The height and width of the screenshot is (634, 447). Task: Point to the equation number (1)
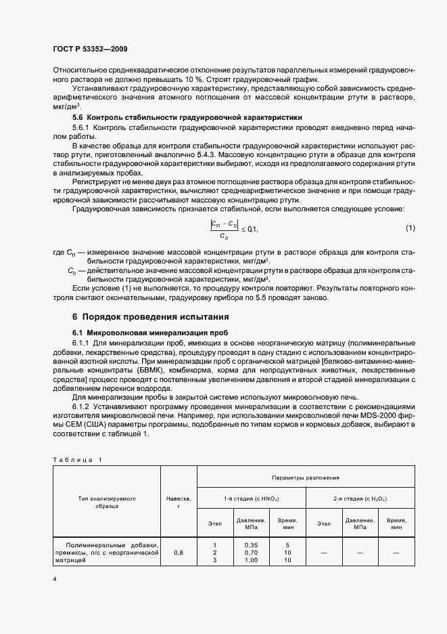(410, 228)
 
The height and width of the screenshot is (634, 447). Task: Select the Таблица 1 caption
(76, 460)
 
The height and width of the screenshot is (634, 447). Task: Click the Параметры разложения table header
(306, 478)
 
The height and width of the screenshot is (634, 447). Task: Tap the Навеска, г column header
(179, 501)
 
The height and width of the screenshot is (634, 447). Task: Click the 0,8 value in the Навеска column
(179, 553)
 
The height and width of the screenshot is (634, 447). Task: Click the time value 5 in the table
(287, 545)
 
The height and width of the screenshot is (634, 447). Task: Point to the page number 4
(54, 580)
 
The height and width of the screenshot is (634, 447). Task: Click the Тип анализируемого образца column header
(107, 501)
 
